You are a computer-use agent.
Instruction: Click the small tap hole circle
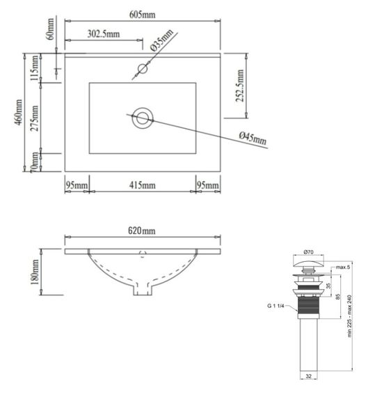click(x=143, y=68)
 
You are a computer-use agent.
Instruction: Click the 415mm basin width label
click(x=142, y=185)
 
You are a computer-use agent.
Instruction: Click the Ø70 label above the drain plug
click(x=309, y=253)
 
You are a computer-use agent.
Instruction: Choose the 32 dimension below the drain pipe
click(x=309, y=377)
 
